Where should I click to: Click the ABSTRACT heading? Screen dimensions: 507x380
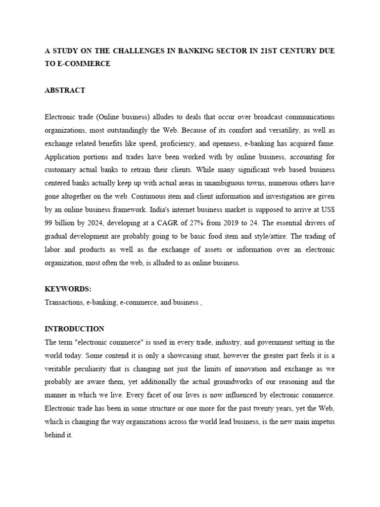65,90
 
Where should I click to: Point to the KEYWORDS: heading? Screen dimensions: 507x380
68,289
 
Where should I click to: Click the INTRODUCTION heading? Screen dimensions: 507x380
74,329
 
